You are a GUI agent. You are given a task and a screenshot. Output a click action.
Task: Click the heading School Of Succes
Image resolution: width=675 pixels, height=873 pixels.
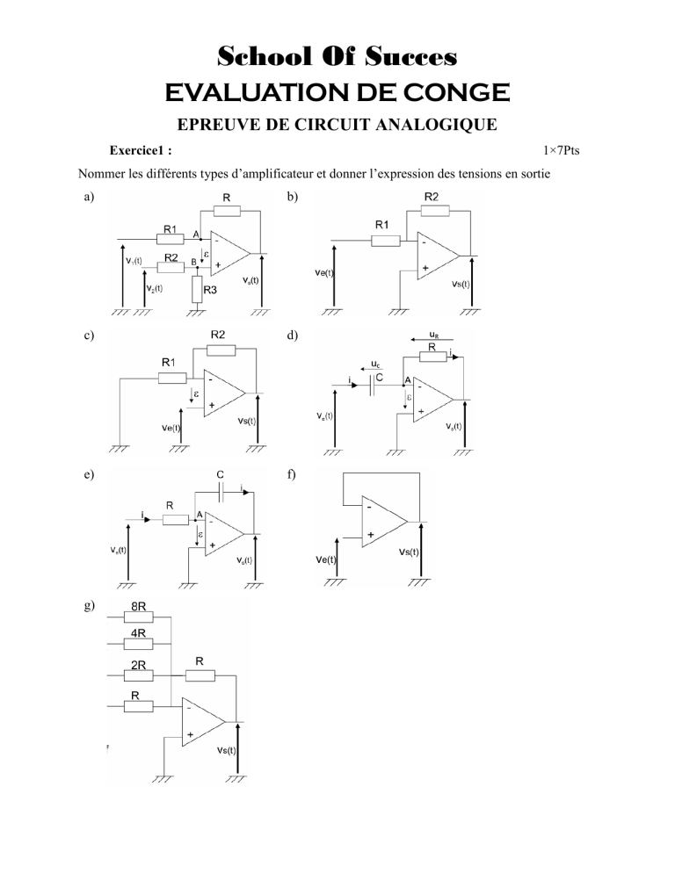(x=337, y=58)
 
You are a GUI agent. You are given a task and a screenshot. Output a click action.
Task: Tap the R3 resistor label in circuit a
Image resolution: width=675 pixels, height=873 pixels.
(x=209, y=288)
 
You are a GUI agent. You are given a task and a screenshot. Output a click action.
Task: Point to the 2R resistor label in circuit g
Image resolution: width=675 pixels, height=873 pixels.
(x=138, y=665)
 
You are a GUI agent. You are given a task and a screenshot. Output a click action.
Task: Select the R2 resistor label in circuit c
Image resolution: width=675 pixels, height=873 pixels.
(x=218, y=335)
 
